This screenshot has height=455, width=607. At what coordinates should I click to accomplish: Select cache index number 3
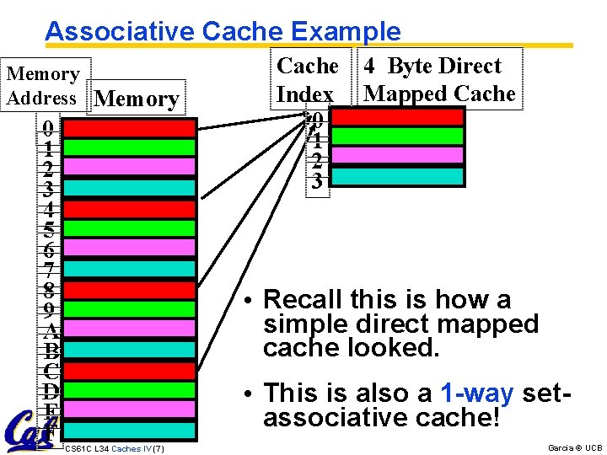pyautogui.click(x=316, y=180)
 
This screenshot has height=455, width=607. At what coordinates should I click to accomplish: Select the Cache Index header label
pyautogui.click(x=307, y=79)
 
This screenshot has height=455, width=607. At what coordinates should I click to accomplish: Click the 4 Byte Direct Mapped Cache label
pyautogui.click(x=441, y=79)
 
